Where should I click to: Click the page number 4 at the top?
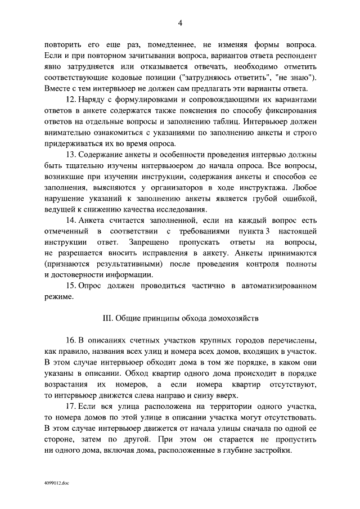coord(180,22)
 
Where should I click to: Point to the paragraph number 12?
coord(71,99)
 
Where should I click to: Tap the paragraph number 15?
coord(71,286)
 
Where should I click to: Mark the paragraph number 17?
coord(71,406)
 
